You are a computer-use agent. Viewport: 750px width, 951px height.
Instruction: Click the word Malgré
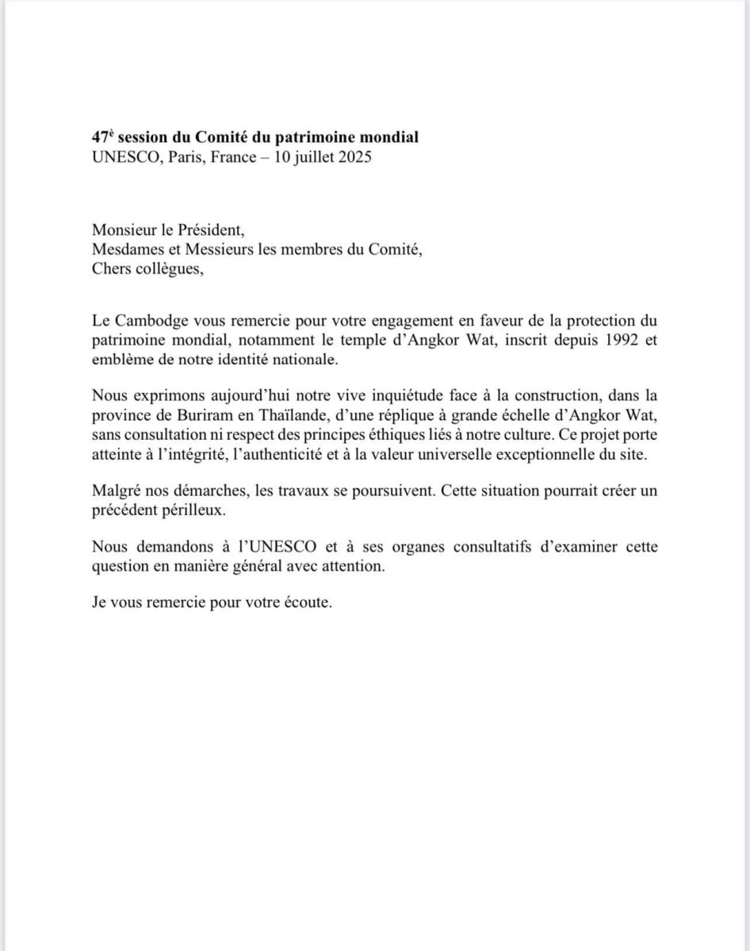[x=114, y=491]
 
